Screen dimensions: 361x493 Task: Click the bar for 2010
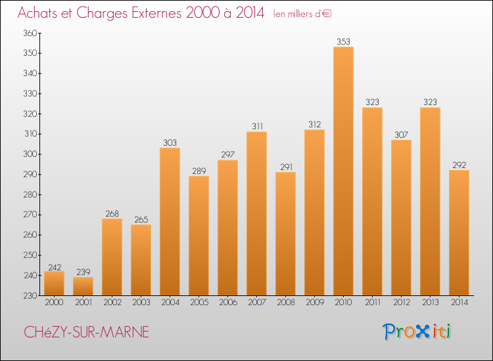pyautogui.click(x=343, y=171)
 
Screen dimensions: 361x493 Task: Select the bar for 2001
pyautogui.click(x=83, y=286)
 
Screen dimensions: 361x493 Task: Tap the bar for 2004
pyautogui.click(x=170, y=222)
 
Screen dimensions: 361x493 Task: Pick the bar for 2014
pyautogui.click(x=459, y=233)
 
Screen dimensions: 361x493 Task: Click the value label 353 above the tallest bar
pyautogui.click(x=343, y=42)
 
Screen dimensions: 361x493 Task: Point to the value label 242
pyautogui.click(x=54, y=267)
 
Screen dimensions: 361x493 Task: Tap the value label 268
pyautogui.click(x=112, y=214)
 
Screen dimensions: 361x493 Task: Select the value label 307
pyautogui.click(x=401, y=135)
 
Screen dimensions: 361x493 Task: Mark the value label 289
pyautogui.click(x=199, y=171)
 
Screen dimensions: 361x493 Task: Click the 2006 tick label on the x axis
pyautogui.click(x=227, y=303)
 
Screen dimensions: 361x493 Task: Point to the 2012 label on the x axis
pyautogui.click(x=401, y=303)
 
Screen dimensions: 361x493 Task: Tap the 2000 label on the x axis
pyautogui.click(x=54, y=303)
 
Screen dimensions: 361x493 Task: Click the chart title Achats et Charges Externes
pyautogui.click(x=141, y=13)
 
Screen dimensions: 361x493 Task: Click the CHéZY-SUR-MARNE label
pyautogui.click(x=86, y=332)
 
